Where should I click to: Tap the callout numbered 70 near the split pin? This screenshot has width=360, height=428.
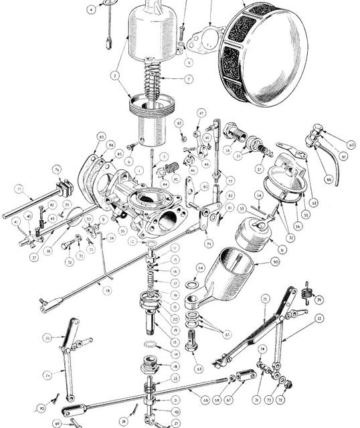coord(41,407)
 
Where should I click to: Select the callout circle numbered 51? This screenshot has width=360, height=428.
coord(273,249)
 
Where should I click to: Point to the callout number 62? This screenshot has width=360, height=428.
coord(314,202)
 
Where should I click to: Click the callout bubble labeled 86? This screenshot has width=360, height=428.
coord(329,180)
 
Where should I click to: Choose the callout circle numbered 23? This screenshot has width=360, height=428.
coord(319,318)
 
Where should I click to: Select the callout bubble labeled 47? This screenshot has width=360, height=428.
coord(200,114)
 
